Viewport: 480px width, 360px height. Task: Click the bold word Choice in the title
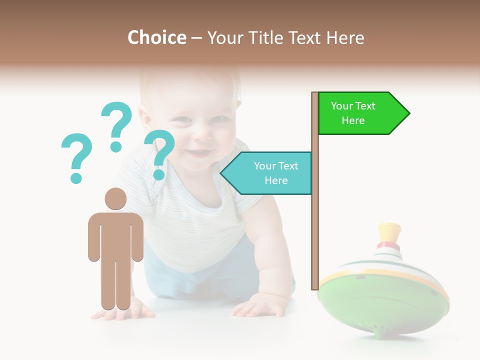tap(156, 37)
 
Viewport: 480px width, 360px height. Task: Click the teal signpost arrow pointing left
tap(267, 173)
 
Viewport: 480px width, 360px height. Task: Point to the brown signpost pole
tap(315, 225)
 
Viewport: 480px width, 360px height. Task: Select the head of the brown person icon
tap(115, 198)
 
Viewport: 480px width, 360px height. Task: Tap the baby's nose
tap(202, 132)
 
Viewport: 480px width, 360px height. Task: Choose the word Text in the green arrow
tap(365, 106)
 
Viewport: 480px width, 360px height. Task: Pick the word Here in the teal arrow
tap(276, 180)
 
